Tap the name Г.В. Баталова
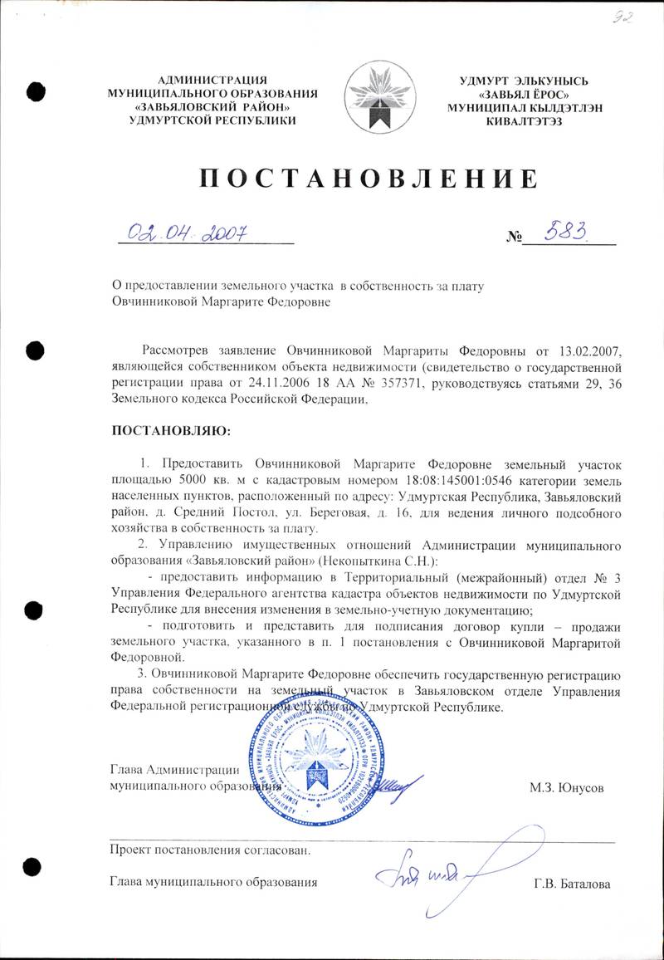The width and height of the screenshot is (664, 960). point(572,884)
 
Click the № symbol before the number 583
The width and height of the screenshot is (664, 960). point(513,238)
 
